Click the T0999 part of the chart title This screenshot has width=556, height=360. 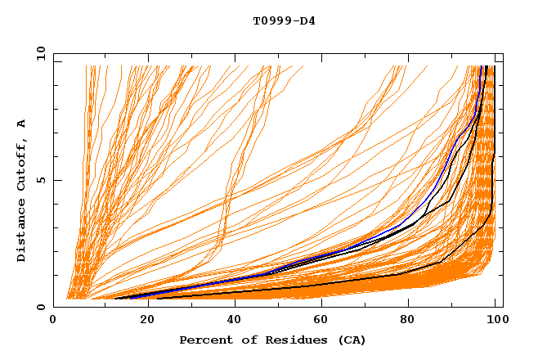[269, 20]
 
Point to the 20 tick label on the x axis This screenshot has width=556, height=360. [142, 320]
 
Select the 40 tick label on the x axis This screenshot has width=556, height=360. [231, 320]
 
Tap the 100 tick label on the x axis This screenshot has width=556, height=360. [495, 320]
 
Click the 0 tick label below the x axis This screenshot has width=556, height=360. [54, 320]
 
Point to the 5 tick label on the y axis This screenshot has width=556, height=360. [39, 180]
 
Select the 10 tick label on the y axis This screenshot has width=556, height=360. [39, 53]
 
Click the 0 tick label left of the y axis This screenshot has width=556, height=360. [39, 307]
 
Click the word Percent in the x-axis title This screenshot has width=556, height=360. [204, 340]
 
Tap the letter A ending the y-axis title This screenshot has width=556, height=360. [20, 123]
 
